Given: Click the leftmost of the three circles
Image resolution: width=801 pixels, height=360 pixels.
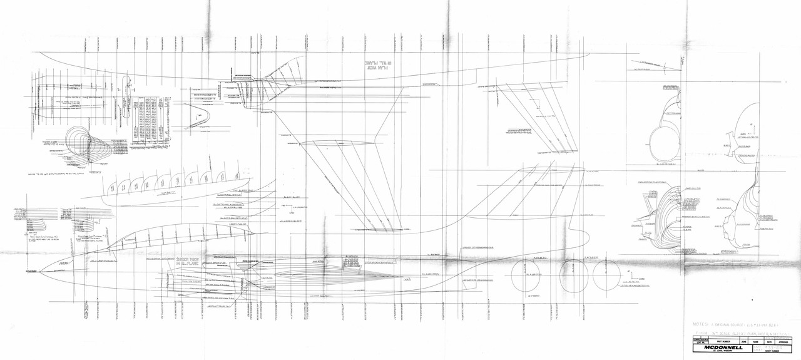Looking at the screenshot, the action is coord(526,275).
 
